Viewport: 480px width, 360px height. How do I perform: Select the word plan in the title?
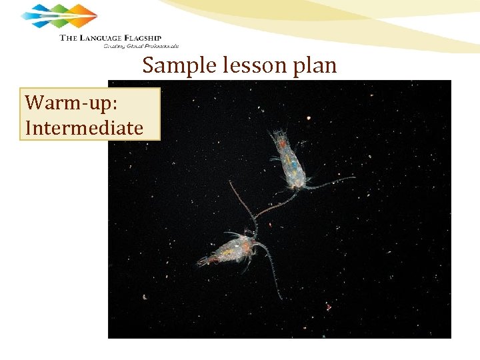313,66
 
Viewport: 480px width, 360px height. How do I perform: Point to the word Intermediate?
84,127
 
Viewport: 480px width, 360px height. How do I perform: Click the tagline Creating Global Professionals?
141,47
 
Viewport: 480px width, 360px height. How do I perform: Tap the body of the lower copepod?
230,249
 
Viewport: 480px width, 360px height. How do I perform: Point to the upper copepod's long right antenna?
330,180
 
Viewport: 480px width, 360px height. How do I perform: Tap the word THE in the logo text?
69,38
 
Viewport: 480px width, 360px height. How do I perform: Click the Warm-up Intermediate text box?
90,114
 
